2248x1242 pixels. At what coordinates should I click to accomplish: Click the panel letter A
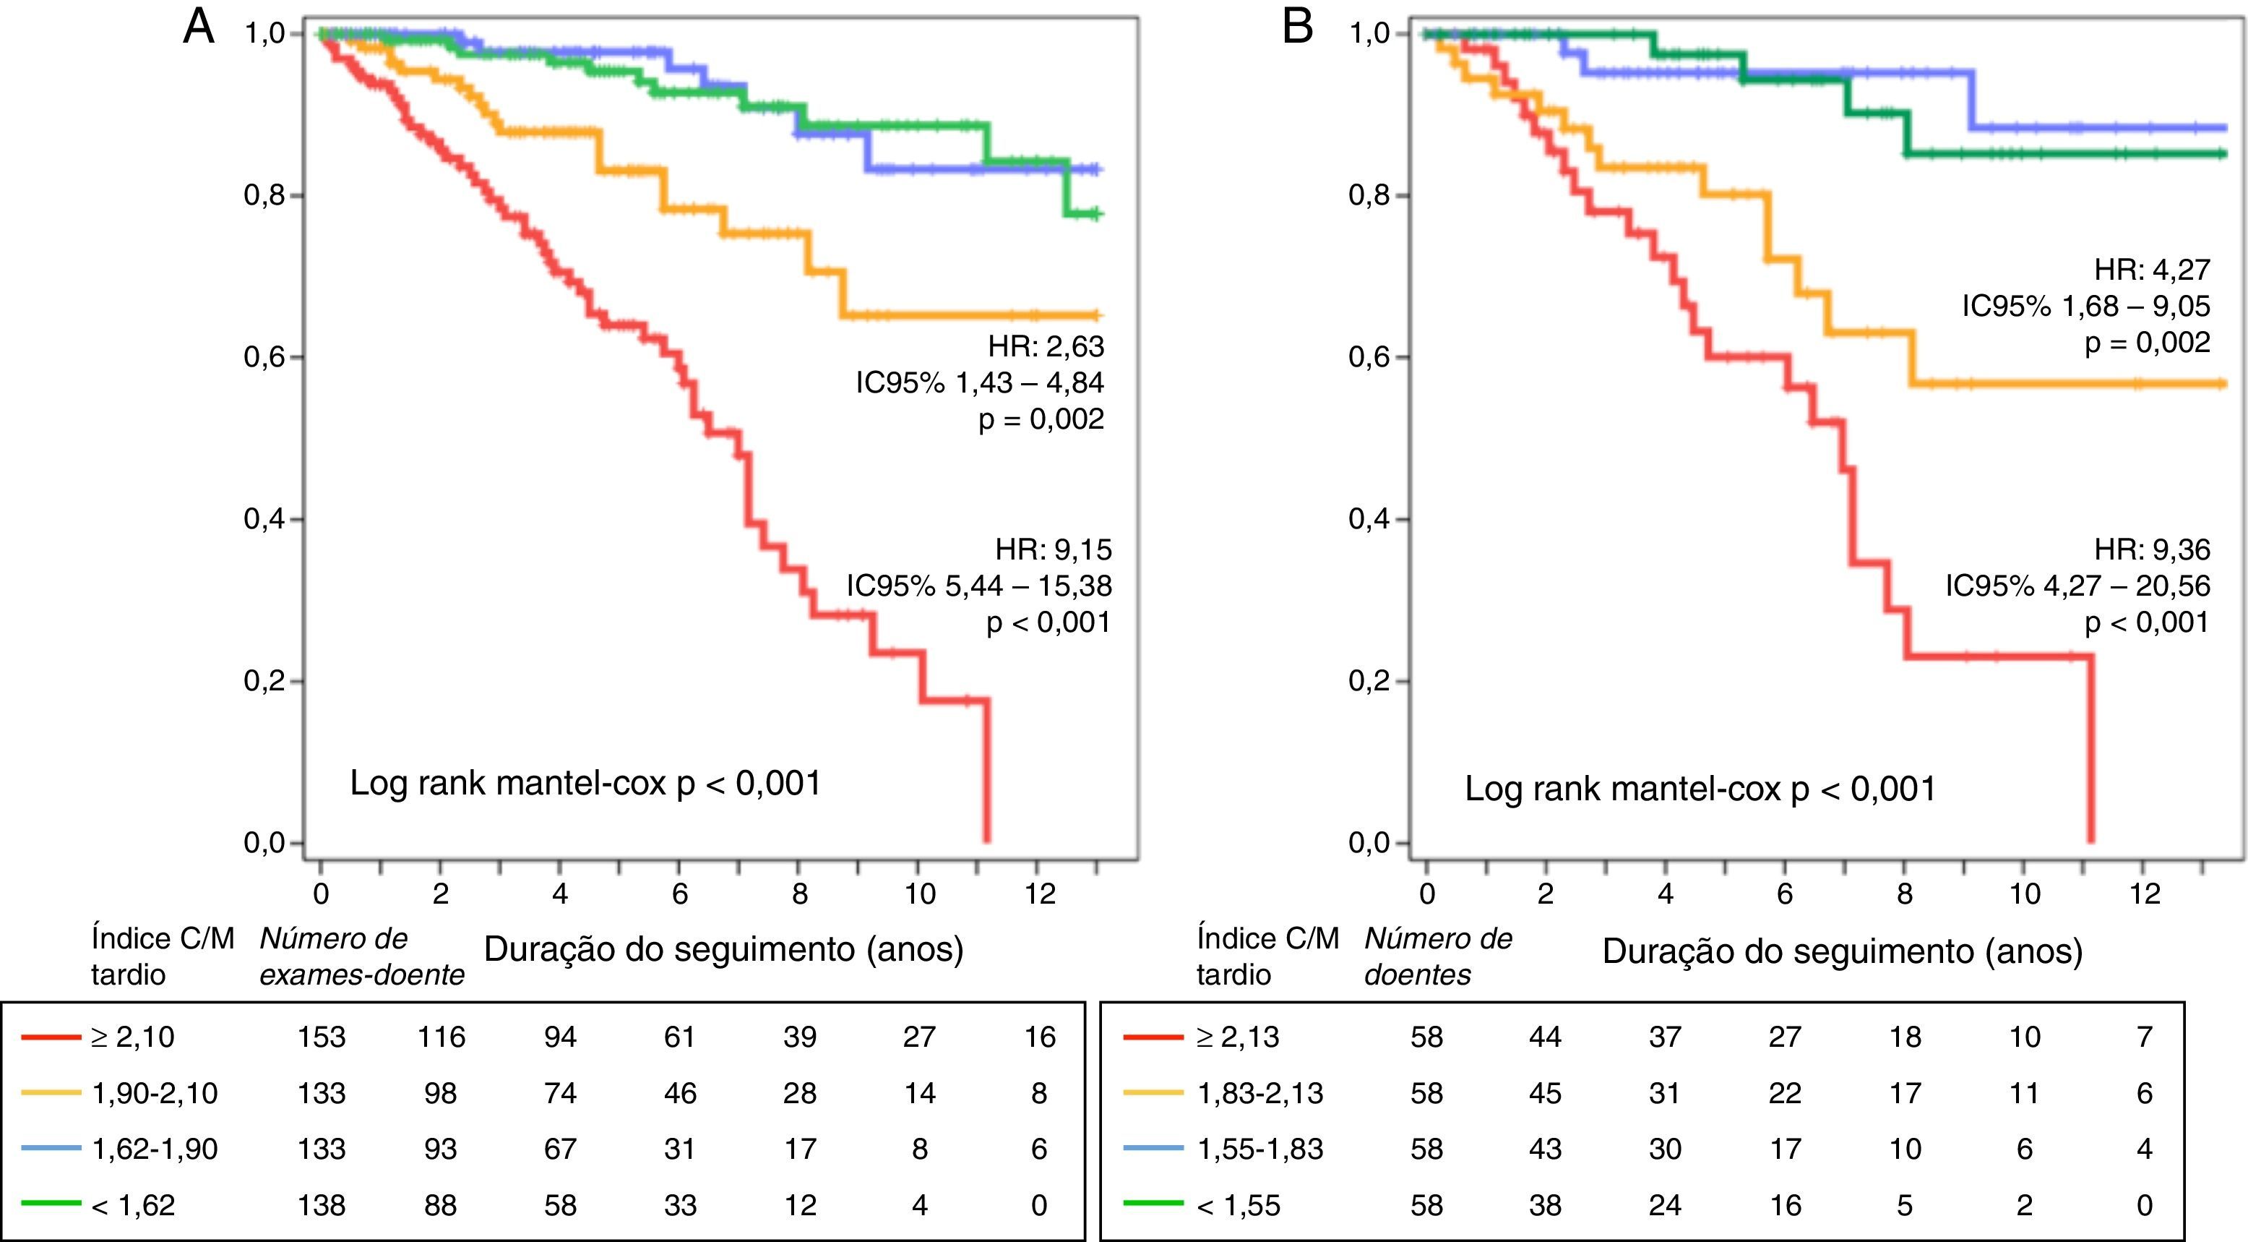[199, 28]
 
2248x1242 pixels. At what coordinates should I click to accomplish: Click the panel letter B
[1298, 28]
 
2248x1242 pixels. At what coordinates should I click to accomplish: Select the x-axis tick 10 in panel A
[919, 894]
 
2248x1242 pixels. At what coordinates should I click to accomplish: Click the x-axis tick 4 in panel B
[1665, 894]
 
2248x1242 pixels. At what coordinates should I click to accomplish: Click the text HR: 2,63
[1046, 346]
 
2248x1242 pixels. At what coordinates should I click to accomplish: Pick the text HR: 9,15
[1054, 550]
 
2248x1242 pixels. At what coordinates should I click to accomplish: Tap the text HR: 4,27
[2152, 270]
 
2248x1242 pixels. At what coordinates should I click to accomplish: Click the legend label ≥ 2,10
[133, 1037]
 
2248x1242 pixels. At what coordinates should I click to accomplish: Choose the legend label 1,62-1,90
[155, 1149]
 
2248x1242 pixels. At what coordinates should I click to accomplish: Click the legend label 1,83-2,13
[1260, 1093]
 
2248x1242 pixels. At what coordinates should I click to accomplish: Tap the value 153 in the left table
[321, 1037]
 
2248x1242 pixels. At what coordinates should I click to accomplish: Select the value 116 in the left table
[441, 1037]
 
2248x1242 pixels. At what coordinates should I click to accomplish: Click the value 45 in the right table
[1545, 1093]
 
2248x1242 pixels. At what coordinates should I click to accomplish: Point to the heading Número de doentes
[1437, 956]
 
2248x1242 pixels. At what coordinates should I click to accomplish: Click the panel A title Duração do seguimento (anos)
[723, 948]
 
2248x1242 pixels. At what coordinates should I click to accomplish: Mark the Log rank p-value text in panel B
[1700, 789]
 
